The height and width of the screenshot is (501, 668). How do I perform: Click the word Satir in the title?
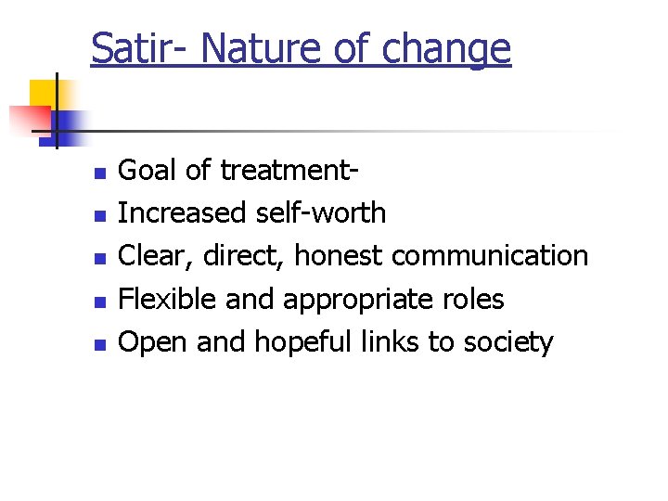click(x=129, y=48)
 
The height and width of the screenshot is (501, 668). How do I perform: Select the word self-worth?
click(x=319, y=213)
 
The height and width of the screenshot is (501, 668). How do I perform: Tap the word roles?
click(x=473, y=299)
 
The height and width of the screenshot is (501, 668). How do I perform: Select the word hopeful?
click(x=298, y=342)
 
